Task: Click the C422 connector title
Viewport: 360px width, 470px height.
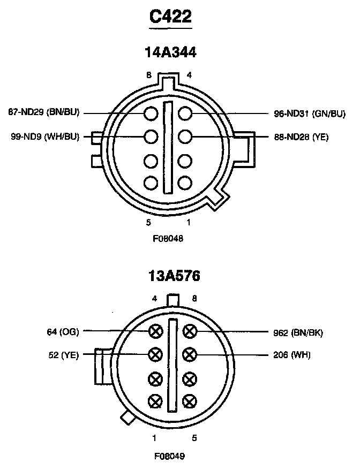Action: (x=170, y=17)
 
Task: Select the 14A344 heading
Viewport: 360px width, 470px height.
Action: (x=170, y=52)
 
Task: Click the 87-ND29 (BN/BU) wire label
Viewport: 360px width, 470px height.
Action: (x=44, y=113)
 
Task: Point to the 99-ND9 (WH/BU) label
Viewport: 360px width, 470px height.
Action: (x=45, y=137)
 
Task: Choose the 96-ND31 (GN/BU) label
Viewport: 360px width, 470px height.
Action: (x=299, y=113)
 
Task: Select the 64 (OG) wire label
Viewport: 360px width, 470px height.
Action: (x=63, y=332)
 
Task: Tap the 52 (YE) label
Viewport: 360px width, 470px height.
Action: (x=63, y=354)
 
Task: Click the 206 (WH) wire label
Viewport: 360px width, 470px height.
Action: (x=292, y=354)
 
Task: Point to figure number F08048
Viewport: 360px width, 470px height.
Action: (x=168, y=239)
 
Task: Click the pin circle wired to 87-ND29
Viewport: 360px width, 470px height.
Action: (x=151, y=113)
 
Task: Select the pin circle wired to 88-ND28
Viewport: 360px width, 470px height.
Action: (x=185, y=137)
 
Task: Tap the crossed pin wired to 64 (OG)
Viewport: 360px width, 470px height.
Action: (x=155, y=331)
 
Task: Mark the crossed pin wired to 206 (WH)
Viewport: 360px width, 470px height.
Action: (x=189, y=354)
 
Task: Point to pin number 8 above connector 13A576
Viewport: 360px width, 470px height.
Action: (x=194, y=299)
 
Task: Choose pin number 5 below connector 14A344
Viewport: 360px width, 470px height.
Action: (x=147, y=222)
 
